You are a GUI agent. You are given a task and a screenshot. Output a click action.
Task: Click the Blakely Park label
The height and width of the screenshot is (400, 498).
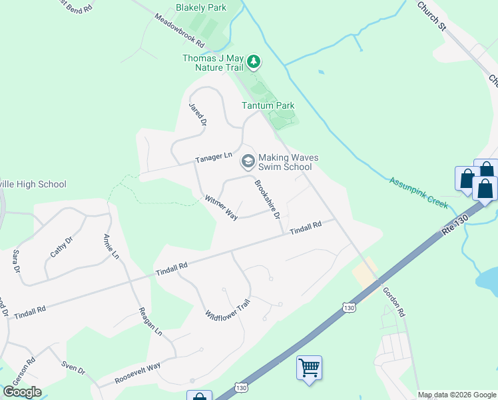coord(201,8)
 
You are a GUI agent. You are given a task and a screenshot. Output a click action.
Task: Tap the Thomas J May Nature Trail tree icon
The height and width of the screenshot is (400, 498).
coord(253,63)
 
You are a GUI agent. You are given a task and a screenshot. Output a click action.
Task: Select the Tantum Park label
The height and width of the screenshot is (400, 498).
coord(268,105)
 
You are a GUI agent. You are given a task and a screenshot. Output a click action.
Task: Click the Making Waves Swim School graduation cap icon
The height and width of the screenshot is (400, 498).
coord(248,161)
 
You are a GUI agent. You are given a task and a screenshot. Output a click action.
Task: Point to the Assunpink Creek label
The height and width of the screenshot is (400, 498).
coord(419,193)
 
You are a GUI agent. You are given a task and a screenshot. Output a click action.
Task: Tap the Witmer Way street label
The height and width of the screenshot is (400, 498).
coord(221,208)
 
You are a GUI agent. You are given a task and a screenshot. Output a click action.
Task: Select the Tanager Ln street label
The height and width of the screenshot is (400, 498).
coord(213,158)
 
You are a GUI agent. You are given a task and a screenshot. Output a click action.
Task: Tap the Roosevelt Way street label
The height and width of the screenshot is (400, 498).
coord(138,372)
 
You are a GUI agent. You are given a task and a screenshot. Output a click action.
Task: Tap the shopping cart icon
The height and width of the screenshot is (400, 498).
coord(309,367)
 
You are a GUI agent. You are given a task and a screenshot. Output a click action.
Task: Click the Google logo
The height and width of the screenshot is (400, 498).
coord(23,392)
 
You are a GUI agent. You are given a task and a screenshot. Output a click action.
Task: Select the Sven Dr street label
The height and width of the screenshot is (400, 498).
coord(73,366)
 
